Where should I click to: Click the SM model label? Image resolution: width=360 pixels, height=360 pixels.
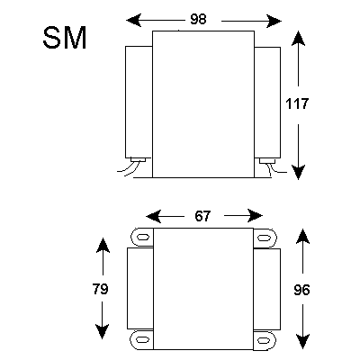click(x=65, y=38)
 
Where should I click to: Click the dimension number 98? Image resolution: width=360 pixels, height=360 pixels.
click(x=198, y=19)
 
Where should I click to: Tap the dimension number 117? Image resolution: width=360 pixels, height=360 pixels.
click(x=297, y=103)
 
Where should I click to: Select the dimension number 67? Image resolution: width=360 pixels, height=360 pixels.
click(x=202, y=216)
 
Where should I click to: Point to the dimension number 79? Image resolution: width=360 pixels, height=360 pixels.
click(x=100, y=289)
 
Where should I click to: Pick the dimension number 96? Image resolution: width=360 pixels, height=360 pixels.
click(x=301, y=290)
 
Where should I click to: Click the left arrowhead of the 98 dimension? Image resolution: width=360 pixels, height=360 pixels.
click(x=134, y=21)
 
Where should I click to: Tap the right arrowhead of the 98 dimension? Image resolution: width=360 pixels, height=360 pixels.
click(x=274, y=21)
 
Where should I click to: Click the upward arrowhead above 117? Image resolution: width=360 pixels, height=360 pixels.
click(x=298, y=39)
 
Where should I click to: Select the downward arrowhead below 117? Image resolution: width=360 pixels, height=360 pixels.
click(x=298, y=172)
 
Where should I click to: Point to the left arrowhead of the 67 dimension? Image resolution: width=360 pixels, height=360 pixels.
click(x=153, y=216)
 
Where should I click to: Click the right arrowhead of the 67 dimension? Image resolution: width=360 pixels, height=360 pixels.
click(x=255, y=216)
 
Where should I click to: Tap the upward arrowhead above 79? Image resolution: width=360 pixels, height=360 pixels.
click(x=103, y=246)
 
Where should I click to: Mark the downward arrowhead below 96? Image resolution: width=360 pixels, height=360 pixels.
click(x=302, y=342)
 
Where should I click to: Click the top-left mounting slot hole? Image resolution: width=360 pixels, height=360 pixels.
click(x=143, y=237)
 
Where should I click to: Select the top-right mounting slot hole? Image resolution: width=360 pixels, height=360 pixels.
click(x=264, y=238)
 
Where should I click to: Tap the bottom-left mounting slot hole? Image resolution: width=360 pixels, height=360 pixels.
click(x=143, y=340)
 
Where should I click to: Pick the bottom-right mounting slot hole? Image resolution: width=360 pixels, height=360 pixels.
click(x=264, y=340)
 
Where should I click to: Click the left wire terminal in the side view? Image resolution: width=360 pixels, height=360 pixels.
click(x=138, y=160)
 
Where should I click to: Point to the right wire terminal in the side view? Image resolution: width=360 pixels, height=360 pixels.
click(x=267, y=161)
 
